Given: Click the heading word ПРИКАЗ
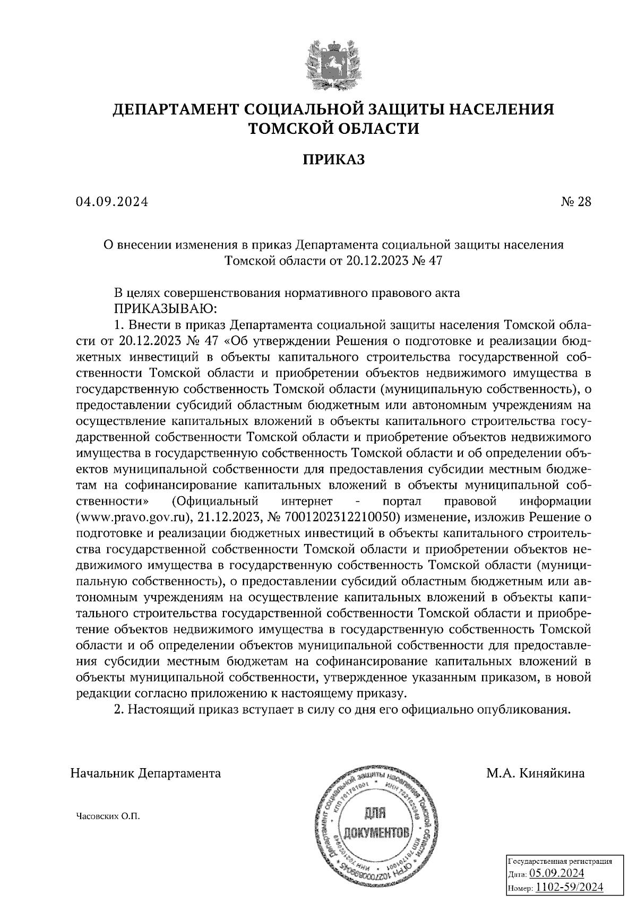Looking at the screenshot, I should click(x=334, y=159).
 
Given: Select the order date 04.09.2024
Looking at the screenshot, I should click(x=112, y=202).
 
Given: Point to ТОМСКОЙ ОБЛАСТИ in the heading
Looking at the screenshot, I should click(x=334, y=129).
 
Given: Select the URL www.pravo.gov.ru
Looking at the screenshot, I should click(x=134, y=516).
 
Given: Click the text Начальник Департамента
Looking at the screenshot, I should click(x=145, y=773).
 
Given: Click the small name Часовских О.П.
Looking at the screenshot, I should click(x=108, y=816).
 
